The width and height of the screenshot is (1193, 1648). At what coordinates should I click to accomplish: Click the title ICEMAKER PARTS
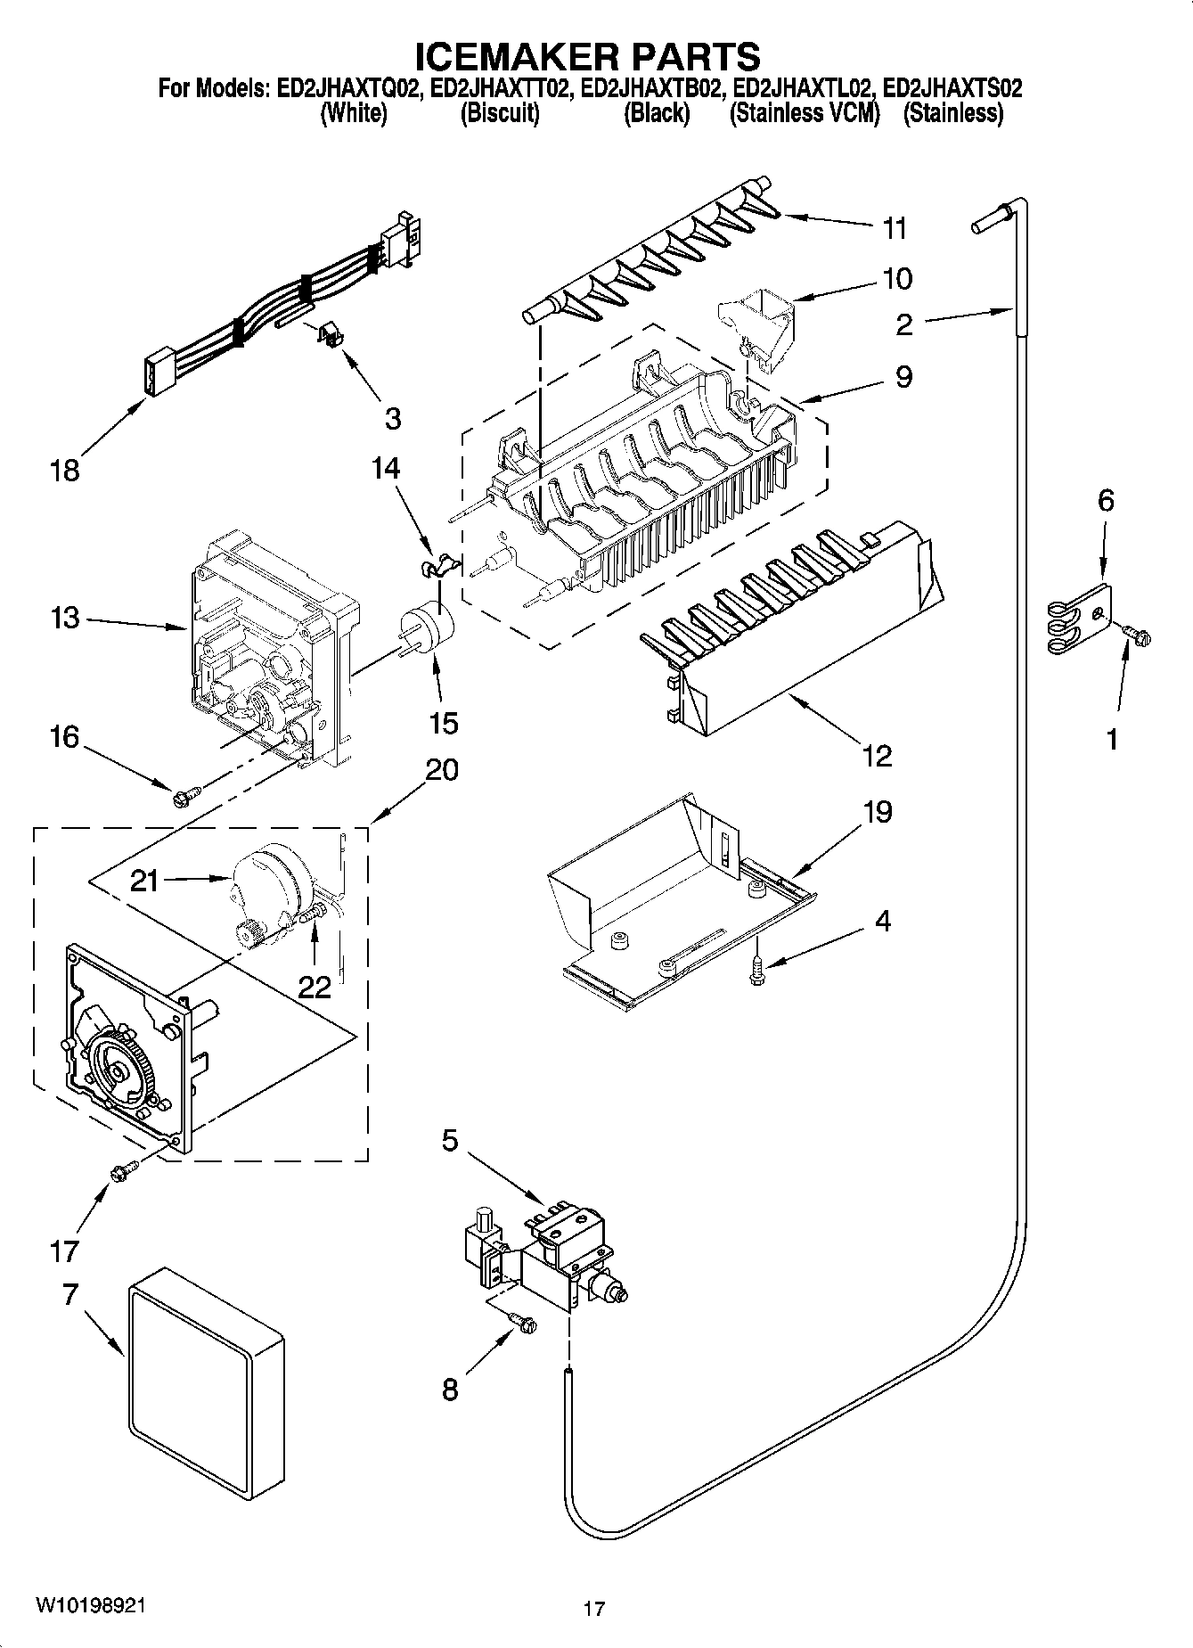pos(589,55)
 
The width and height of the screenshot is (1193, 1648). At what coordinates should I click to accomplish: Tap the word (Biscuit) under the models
pos(500,114)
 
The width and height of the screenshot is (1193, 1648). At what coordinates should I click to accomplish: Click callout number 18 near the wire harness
pos(65,471)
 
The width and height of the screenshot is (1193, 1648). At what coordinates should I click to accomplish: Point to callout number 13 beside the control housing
pos(65,618)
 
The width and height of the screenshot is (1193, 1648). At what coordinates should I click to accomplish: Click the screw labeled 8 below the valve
pos(523,1324)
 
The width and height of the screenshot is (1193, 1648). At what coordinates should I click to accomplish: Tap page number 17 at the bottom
pos(594,1609)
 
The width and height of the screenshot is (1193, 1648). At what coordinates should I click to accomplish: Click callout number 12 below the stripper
pos(877,757)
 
